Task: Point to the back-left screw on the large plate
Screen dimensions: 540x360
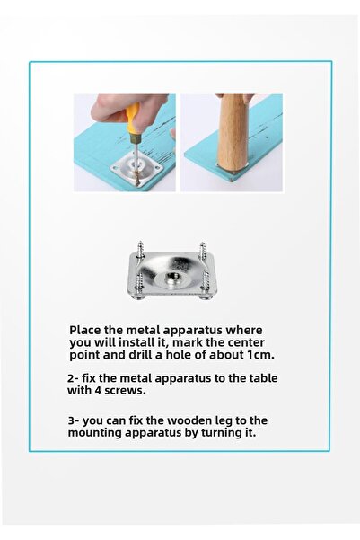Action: coord(141,250)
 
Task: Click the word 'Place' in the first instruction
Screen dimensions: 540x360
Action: coord(87,330)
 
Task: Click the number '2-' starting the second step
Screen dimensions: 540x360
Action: coord(73,378)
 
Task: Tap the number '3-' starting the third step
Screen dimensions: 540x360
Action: coord(74,420)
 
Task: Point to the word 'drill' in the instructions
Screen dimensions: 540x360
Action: coord(129,355)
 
